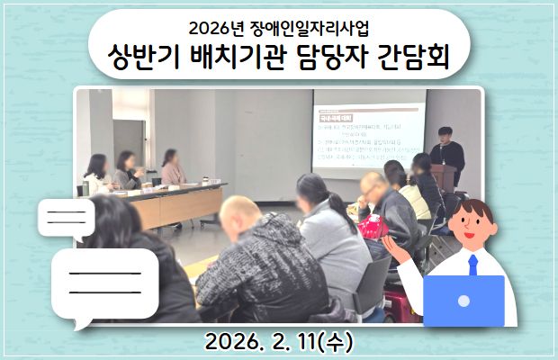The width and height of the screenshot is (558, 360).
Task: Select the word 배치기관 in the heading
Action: (247, 59)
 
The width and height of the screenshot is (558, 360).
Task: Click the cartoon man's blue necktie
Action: (472, 264)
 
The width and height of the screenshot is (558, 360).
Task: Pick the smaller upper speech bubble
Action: (65, 218)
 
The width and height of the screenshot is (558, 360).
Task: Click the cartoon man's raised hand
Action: (393, 244)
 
